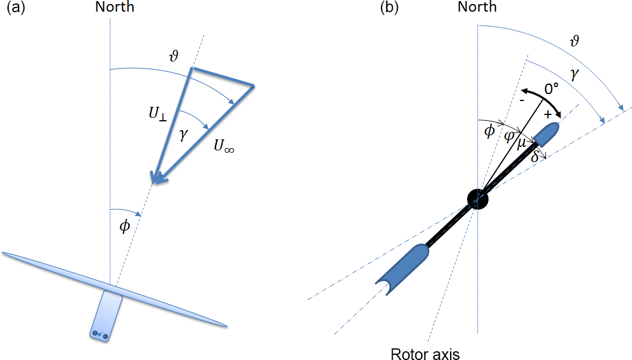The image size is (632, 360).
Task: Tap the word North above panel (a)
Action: [x=115, y=8]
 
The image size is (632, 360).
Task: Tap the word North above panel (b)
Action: [x=477, y=7]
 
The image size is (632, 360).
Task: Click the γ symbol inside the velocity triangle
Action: [x=184, y=135]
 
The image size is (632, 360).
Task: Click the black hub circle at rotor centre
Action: [x=477, y=199]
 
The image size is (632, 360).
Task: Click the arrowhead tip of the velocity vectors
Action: [x=153, y=183]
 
